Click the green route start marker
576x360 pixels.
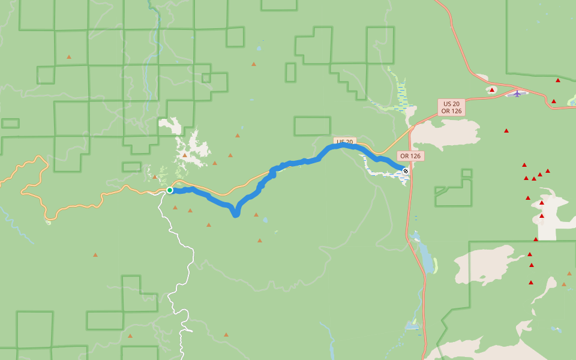click(170, 190)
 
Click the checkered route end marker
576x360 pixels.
click(406, 171)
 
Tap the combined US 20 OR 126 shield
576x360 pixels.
click(451, 107)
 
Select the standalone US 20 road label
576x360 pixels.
click(344, 142)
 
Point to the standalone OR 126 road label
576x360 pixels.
click(410, 156)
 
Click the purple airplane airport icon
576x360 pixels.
click(517, 93)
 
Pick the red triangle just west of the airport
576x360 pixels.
click(492, 90)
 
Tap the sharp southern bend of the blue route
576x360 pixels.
click(236, 214)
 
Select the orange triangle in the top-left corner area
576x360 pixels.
click(69, 57)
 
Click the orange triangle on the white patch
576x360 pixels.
click(185, 155)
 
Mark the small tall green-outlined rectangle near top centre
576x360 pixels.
click(290, 73)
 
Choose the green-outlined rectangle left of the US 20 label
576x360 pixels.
click(312, 126)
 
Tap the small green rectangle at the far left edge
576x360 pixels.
click(10, 123)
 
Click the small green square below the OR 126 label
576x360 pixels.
click(467, 173)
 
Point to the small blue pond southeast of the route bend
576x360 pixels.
click(265, 220)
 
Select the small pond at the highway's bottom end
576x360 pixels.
click(411, 326)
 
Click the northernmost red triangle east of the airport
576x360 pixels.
click(558, 80)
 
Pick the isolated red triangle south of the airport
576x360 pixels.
click(506, 131)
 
